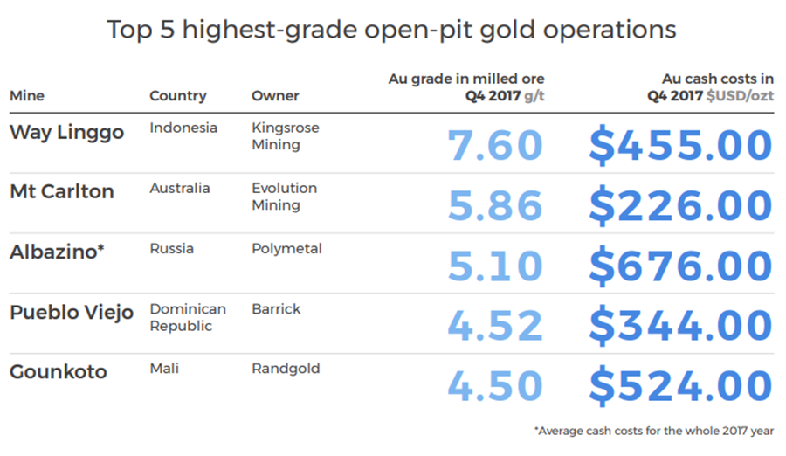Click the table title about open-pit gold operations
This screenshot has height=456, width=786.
pos(392,30)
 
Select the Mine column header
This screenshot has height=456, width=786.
pos(27,96)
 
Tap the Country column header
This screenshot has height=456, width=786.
pos(178,96)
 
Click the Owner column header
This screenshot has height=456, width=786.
pos(275,96)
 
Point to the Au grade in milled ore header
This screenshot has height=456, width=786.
pos(466,87)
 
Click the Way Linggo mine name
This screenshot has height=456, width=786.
pos(66,133)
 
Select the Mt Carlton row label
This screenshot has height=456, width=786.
pos(62,192)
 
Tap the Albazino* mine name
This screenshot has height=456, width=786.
pos(57,252)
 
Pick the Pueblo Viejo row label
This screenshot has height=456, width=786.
pos(72,313)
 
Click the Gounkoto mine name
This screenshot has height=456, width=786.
pos(59,372)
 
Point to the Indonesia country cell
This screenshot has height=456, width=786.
pos(183,128)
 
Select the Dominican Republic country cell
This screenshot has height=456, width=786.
pos(188,318)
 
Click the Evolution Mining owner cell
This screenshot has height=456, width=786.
pos(284,197)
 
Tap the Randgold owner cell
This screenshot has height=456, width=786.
pos(286,369)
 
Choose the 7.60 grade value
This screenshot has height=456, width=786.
pos(495,146)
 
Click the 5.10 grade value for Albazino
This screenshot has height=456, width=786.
pos(495,266)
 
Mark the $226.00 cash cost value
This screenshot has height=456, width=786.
pos(680,206)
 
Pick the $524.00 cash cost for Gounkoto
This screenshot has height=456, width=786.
pos(680,387)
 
